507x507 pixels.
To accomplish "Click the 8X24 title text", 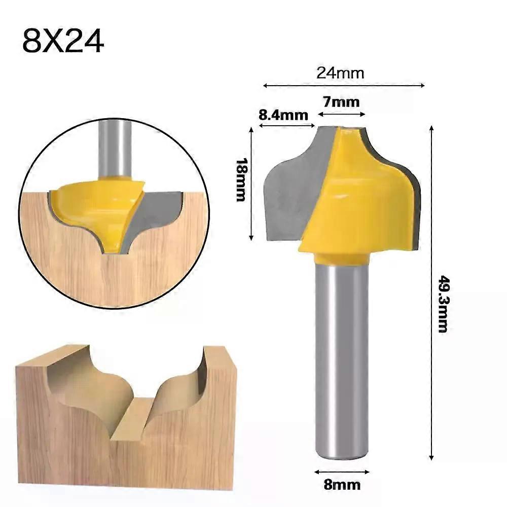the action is [63, 41].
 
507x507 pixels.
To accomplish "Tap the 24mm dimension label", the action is [340, 73].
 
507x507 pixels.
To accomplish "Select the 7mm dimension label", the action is [341, 102].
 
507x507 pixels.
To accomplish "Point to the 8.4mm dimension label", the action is [283, 115].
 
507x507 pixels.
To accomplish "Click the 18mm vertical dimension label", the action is [241, 180].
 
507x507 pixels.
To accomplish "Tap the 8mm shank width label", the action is [342, 485].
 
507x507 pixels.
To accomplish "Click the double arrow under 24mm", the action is [344, 86].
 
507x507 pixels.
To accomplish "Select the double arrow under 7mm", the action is [342, 114].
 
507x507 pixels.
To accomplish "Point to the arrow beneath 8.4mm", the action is [287, 125].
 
